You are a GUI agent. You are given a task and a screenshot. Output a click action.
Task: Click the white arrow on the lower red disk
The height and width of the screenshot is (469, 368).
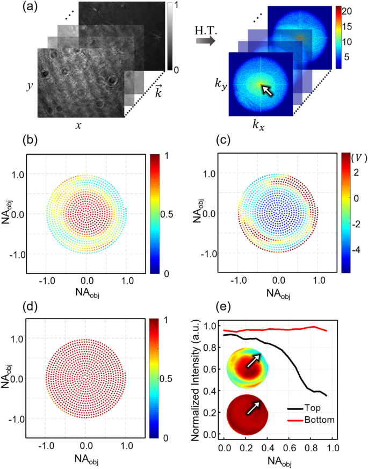click(x=251, y=410)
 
